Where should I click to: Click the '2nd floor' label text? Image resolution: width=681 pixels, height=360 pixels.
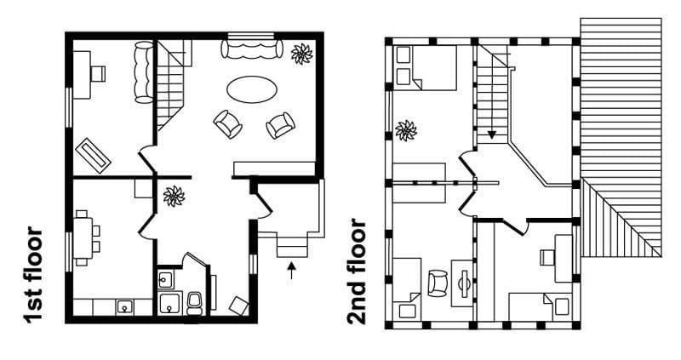click(x=357, y=272)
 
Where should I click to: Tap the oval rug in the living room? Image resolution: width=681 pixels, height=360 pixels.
click(x=251, y=88)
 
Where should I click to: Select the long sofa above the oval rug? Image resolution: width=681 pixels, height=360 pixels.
click(x=252, y=48)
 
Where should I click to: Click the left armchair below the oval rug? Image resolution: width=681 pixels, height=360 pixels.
click(x=227, y=124)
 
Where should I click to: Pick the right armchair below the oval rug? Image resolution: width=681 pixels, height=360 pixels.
click(x=280, y=126)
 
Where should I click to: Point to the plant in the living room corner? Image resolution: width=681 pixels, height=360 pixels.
click(x=301, y=54)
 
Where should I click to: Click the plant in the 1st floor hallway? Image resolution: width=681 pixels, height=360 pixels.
click(x=174, y=196)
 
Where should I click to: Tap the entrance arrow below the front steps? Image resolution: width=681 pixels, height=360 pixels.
click(x=292, y=271)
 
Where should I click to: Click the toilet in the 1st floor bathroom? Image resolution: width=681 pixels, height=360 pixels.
click(x=194, y=300)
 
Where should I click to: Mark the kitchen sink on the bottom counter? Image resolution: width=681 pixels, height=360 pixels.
click(x=124, y=306)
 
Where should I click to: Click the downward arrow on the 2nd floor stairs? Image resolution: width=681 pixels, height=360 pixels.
click(x=493, y=134)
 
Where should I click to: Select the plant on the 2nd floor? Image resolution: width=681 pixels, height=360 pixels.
click(x=406, y=130)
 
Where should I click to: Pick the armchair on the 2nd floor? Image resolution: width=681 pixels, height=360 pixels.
click(x=438, y=282)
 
